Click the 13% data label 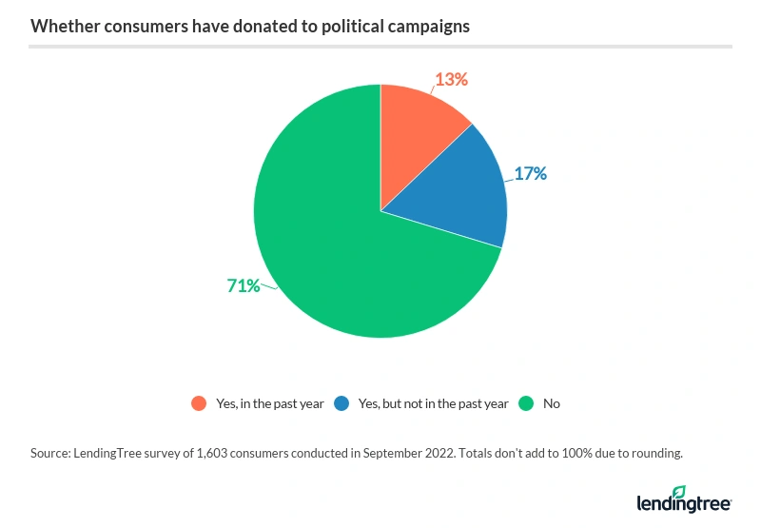[x=452, y=80]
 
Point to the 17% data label [x=530, y=174]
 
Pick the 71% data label [x=244, y=284]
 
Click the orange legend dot [x=199, y=403]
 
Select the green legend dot [x=526, y=403]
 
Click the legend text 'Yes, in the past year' [x=270, y=403]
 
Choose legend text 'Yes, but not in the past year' [x=434, y=403]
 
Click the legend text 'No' [x=552, y=403]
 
